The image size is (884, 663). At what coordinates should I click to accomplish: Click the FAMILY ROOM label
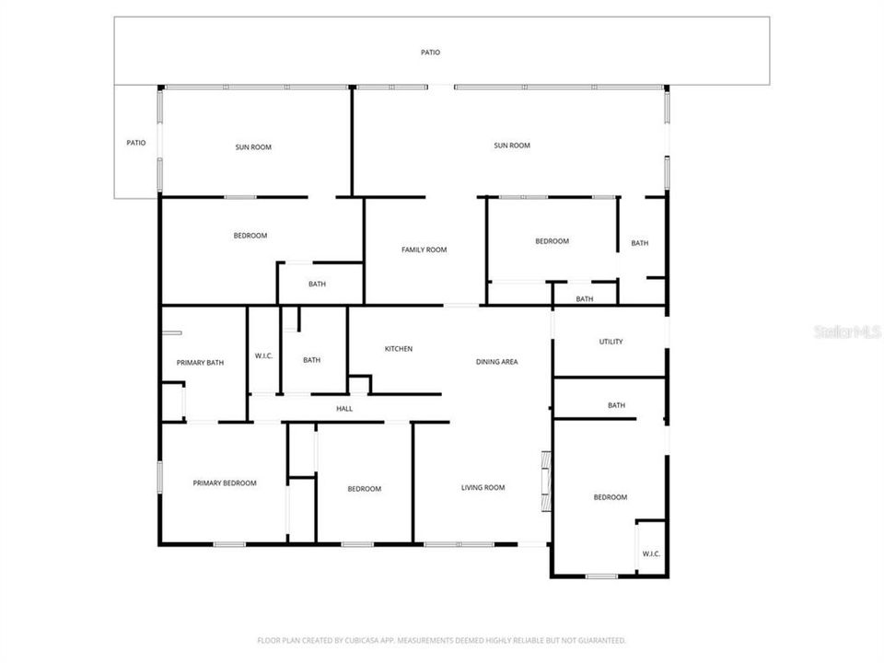[424, 250]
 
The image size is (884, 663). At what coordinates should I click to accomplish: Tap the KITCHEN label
[399, 349]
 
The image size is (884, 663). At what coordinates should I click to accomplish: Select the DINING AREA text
[496, 362]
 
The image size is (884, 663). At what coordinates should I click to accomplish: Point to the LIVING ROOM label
[483, 488]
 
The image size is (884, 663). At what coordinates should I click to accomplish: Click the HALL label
[344, 409]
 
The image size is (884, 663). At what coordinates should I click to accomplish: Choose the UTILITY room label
[611, 342]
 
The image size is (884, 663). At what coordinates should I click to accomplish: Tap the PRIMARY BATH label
[200, 363]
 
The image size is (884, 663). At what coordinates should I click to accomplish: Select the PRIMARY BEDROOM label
[224, 483]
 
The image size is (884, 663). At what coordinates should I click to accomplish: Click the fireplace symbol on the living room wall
[546, 480]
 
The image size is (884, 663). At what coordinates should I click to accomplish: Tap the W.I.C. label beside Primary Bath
[263, 355]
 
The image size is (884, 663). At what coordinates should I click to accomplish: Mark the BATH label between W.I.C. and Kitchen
[311, 360]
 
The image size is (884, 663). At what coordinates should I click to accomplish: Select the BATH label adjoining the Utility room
[616, 405]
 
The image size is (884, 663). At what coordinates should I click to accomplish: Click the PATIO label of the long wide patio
[430, 52]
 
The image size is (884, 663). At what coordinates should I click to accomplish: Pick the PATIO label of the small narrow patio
[136, 143]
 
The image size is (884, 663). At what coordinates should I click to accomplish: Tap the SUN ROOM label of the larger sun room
[512, 145]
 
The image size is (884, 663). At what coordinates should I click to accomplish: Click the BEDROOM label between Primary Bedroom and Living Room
[364, 489]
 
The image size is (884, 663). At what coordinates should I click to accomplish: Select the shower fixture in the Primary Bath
[172, 402]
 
